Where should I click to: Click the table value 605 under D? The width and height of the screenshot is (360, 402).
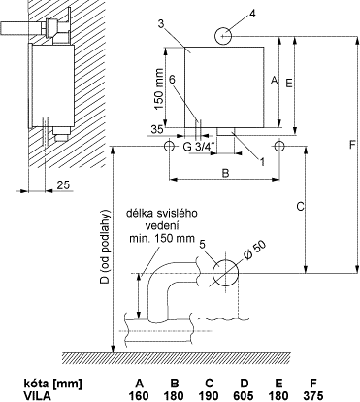pyautogui.click(x=244, y=395)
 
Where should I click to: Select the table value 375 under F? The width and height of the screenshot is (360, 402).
pyautogui.click(x=313, y=395)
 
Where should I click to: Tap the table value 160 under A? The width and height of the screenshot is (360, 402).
pyautogui.click(x=139, y=395)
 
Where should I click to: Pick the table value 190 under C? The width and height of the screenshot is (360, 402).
pyautogui.click(x=209, y=395)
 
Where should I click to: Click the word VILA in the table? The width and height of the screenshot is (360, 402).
pyautogui.click(x=37, y=395)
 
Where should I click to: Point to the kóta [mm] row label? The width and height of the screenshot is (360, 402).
pyautogui.click(x=52, y=384)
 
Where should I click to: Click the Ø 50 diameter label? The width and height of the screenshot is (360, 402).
pyautogui.click(x=254, y=251)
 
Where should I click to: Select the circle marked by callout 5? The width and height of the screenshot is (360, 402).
pyautogui.click(x=225, y=273)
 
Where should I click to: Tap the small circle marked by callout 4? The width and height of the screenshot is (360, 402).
pyautogui.click(x=223, y=36)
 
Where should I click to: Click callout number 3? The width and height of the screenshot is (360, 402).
pyautogui.click(x=162, y=23)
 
